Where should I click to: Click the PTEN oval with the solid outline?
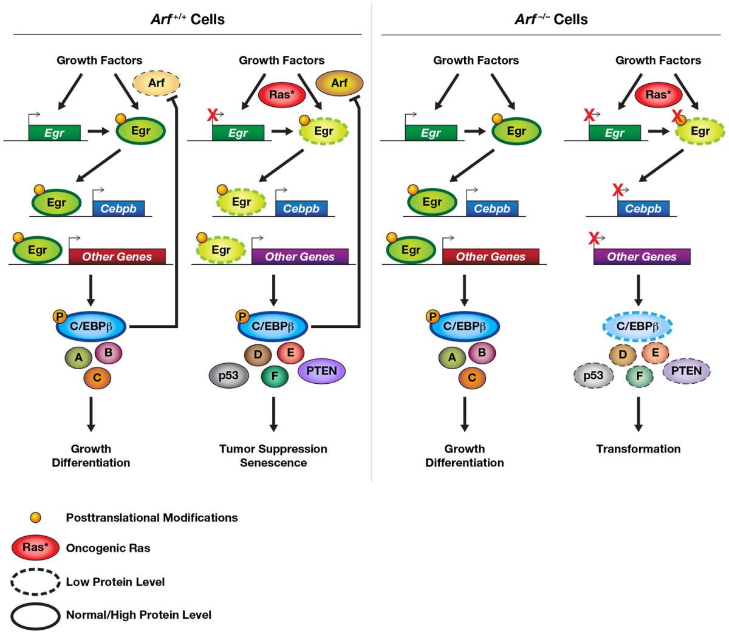click(x=321, y=371)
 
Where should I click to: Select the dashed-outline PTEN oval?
click(x=686, y=371)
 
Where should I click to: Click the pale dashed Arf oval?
click(x=156, y=82)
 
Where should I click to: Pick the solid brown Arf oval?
click(x=339, y=82)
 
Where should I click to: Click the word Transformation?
click(x=638, y=449)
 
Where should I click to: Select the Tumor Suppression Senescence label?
click(x=273, y=455)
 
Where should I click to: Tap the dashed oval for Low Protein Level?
click(x=35, y=582)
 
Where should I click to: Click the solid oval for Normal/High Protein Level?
click(x=35, y=615)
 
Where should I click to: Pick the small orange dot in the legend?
click(x=36, y=517)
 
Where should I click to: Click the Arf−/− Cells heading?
click(x=551, y=19)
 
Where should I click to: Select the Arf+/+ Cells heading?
click(x=187, y=19)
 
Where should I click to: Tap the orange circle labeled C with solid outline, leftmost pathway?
click(x=97, y=378)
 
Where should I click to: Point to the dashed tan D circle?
click(x=622, y=355)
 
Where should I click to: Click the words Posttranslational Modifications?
click(x=151, y=518)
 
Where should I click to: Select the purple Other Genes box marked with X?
click(x=642, y=256)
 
